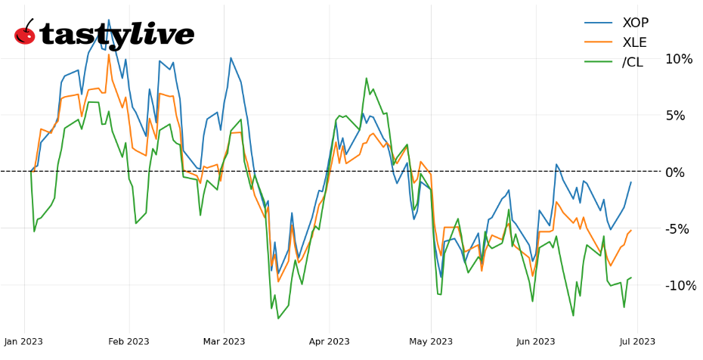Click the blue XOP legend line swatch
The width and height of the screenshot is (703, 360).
pos(599,23)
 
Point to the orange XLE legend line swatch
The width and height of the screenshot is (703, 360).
pos(599,42)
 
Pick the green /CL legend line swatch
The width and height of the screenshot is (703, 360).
pos(599,62)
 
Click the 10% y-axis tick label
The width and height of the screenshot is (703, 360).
pos(678,59)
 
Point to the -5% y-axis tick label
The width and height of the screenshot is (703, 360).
pos(678,229)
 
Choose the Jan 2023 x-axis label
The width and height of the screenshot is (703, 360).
pos(23,341)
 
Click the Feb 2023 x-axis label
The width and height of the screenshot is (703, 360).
pos(129,341)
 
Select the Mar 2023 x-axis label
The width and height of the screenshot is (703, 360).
pos(224,341)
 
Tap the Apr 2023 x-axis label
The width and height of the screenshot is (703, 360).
pos(329,341)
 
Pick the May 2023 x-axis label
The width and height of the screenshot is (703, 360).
pos(431,341)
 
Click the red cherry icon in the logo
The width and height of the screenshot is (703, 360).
pos(25,34)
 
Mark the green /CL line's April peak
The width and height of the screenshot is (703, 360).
pos(367,78)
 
